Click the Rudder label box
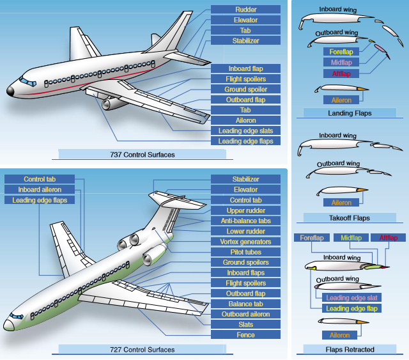pos(246,10)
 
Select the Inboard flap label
pos(246,68)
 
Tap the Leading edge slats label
pos(246,130)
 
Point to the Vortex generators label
pos(246,242)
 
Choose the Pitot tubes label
pos(246,252)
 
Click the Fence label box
pos(246,334)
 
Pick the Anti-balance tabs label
pos(246,221)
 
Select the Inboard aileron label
pos(39,190)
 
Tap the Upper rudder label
pos(246,210)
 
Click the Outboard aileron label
pos(246,314)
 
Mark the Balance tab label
pos(246,304)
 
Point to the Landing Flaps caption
pos(350,113)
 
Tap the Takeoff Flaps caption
pos(350,217)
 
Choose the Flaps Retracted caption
pos(350,350)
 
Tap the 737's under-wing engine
pos(114,103)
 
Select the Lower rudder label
pos(246,231)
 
